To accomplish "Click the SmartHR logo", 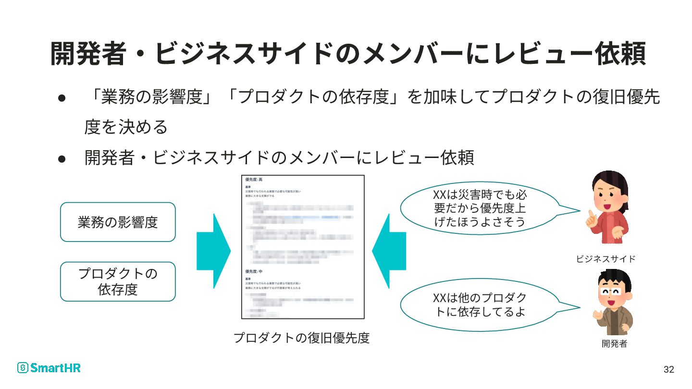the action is tap(49, 368).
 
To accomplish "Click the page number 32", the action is tap(668, 369).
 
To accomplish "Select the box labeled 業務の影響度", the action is tap(118, 222).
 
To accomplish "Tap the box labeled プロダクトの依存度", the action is tap(118, 281).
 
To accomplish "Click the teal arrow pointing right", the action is tap(213, 251).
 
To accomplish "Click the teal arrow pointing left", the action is tap(389, 251).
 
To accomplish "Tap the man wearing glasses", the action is tap(612, 303).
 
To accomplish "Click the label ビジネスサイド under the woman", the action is tap(605, 259).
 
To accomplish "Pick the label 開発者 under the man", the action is tap(614, 344).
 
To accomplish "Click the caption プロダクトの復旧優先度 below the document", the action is tap(301, 338).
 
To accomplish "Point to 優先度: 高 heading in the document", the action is tap(254, 180).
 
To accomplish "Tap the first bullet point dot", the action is tap(62, 98).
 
